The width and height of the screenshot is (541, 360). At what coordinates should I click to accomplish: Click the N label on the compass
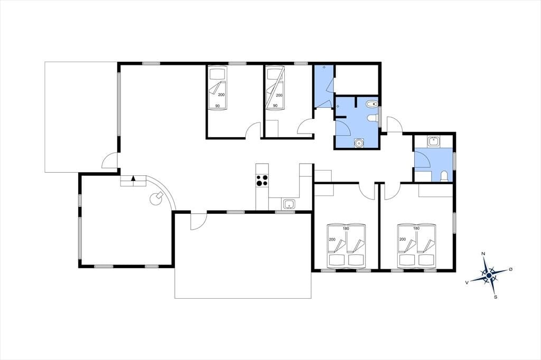483,254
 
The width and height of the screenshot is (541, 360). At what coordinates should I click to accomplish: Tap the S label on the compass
496,297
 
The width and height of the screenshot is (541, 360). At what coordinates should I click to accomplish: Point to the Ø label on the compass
510,269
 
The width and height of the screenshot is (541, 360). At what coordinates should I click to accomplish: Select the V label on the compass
467,282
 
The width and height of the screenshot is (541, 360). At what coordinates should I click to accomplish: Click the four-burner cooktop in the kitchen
262,181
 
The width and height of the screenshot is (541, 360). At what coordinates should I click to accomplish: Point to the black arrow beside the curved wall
134,178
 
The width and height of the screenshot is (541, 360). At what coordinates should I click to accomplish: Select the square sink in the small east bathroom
433,141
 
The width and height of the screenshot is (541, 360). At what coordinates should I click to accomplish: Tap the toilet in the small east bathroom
444,176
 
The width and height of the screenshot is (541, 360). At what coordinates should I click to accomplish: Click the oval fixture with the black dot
372,104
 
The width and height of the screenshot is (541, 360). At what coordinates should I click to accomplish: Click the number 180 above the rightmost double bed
416,228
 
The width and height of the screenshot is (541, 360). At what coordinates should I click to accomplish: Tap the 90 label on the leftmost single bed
217,106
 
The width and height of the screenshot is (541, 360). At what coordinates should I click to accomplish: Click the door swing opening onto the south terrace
199,221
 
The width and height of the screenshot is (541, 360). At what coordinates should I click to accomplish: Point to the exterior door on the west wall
110,160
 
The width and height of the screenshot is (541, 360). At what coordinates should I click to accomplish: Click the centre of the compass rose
489,275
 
